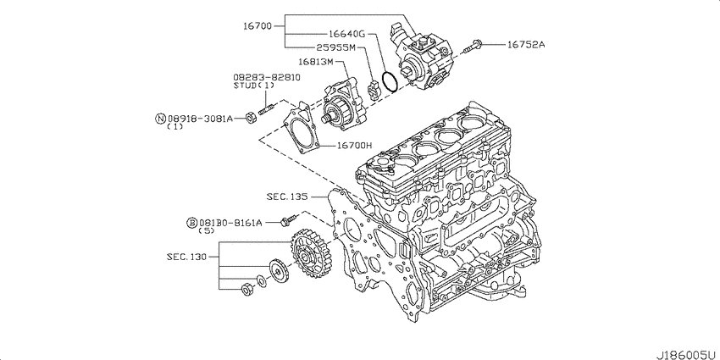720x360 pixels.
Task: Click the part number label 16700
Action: click(258, 26)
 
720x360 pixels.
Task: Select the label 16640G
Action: click(346, 34)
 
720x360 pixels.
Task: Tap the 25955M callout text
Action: click(335, 47)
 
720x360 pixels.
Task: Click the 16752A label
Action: click(526, 45)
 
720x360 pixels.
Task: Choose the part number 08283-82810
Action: click(266, 77)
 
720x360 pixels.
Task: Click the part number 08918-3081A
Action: click(200, 119)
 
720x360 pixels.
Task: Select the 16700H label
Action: click(354, 146)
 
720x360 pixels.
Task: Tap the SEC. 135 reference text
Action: click(287, 197)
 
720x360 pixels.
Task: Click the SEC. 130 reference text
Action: click(187, 257)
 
